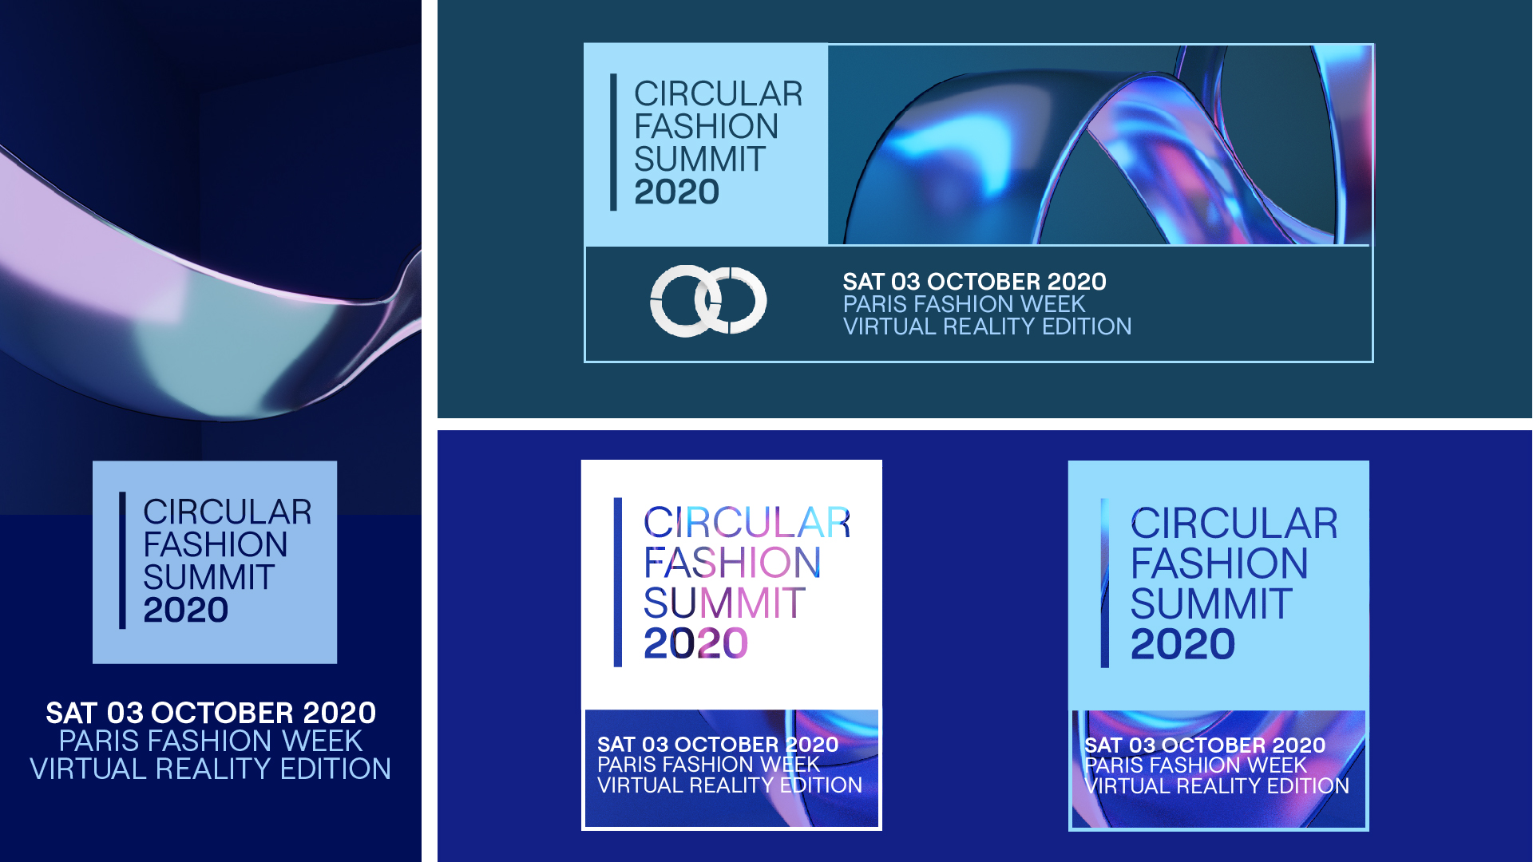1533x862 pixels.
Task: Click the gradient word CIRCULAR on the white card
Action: coord(747,523)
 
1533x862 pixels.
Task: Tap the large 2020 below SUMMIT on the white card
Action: coord(695,643)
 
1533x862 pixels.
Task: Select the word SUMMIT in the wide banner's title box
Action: coord(700,159)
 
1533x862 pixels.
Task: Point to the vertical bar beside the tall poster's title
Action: coord(122,560)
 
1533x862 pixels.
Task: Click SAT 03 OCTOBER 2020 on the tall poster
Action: coord(211,713)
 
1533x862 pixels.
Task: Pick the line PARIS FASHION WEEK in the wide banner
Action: coord(965,304)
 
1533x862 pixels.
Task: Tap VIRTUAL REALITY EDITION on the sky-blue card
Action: coord(1217,786)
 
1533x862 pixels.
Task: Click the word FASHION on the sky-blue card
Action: coord(1219,563)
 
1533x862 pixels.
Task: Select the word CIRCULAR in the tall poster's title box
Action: coord(228,512)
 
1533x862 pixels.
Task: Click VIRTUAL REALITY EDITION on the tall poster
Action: coord(211,769)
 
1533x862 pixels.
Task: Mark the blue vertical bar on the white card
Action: coord(617,582)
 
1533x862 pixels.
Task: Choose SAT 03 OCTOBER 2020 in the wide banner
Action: coord(975,282)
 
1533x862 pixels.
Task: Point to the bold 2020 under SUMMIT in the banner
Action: coord(676,192)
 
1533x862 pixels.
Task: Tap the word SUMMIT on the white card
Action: coord(724,603)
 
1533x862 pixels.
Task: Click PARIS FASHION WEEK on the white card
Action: coord(708,765)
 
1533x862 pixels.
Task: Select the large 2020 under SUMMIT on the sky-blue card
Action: coord(1182,644)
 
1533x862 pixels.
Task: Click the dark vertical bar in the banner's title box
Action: coord(613,142)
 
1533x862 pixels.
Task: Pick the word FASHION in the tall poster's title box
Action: coord(216,545)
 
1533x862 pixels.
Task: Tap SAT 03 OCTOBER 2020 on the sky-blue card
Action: coord(1205,745)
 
